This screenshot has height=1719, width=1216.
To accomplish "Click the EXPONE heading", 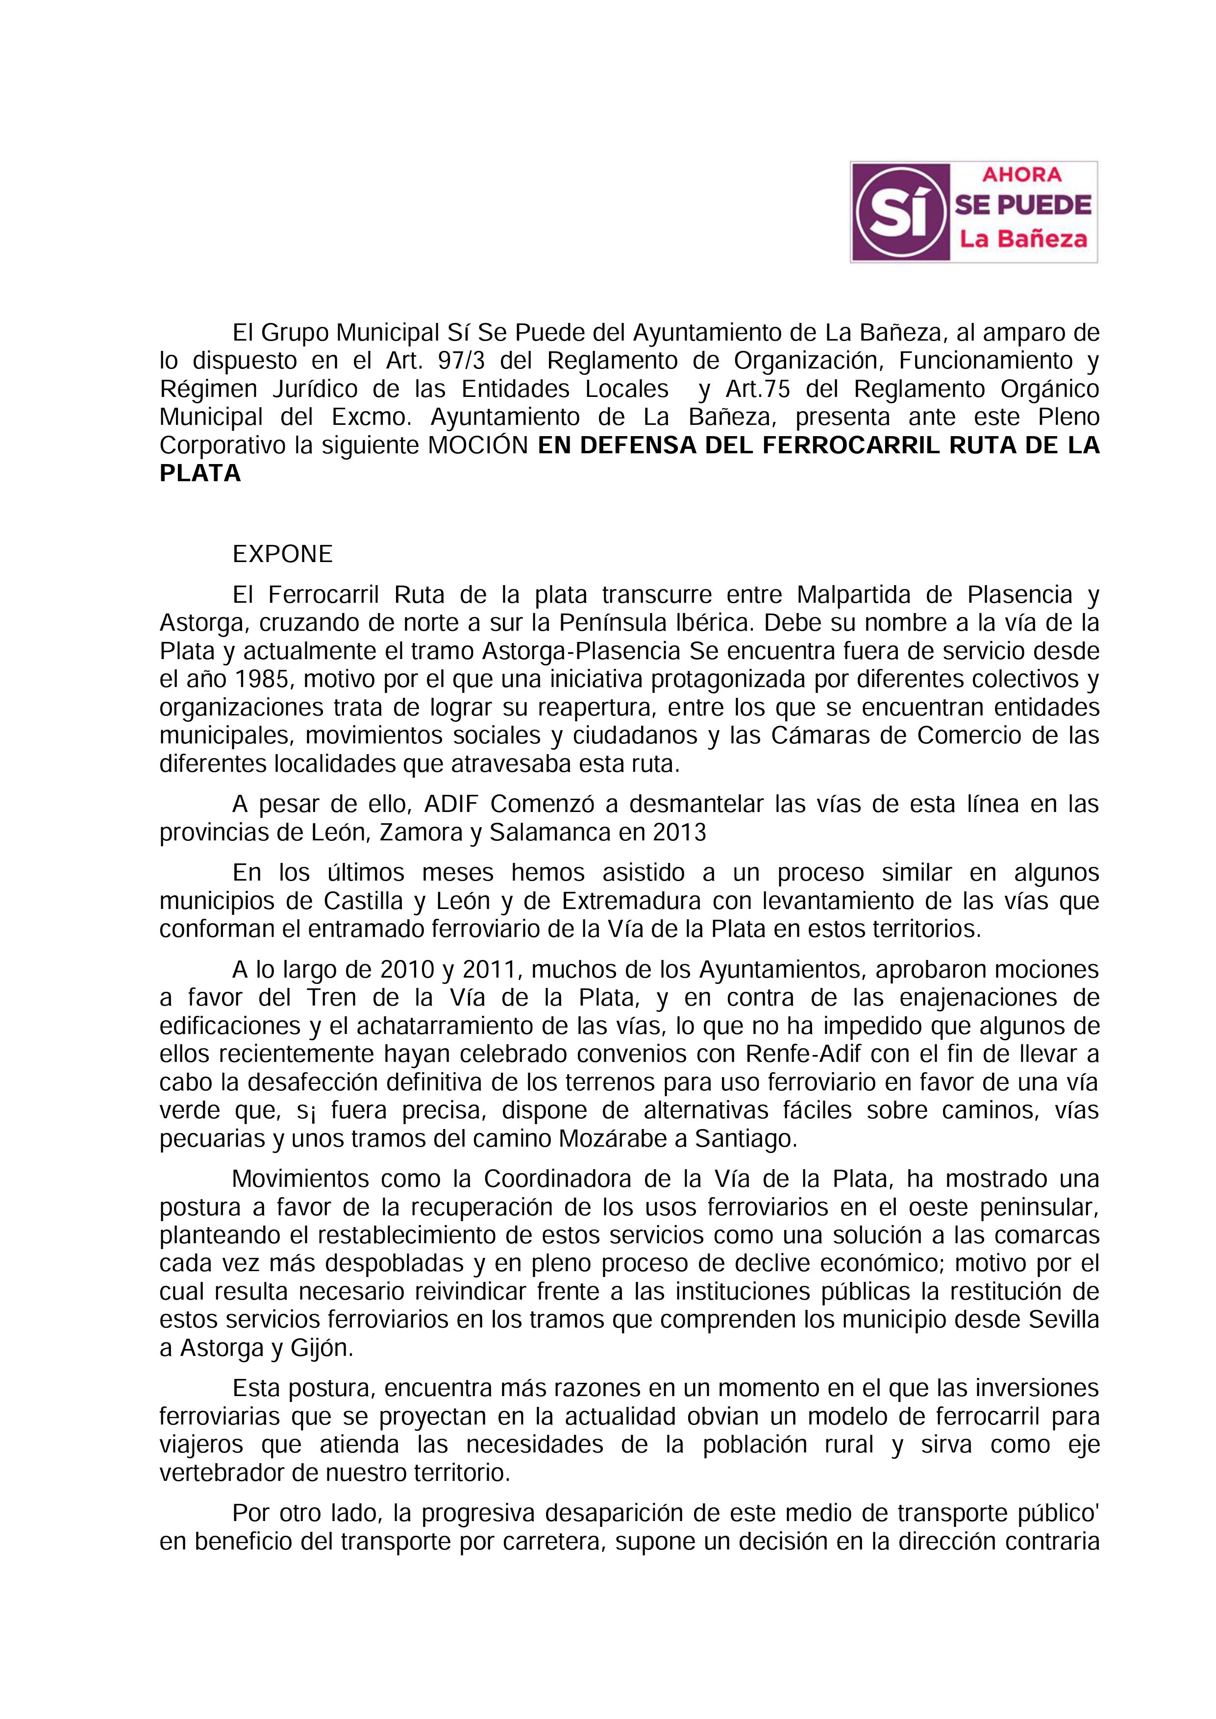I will (x=282, y=555).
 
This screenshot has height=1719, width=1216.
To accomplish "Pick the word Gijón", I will (x=313, y=1348).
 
